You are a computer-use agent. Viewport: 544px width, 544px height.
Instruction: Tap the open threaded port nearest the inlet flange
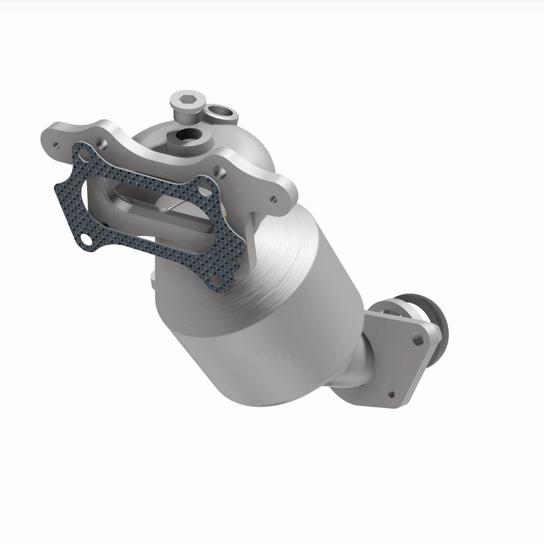(x=186, y=137)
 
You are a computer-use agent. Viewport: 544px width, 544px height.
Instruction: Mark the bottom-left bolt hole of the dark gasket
(x=87, y=239)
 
